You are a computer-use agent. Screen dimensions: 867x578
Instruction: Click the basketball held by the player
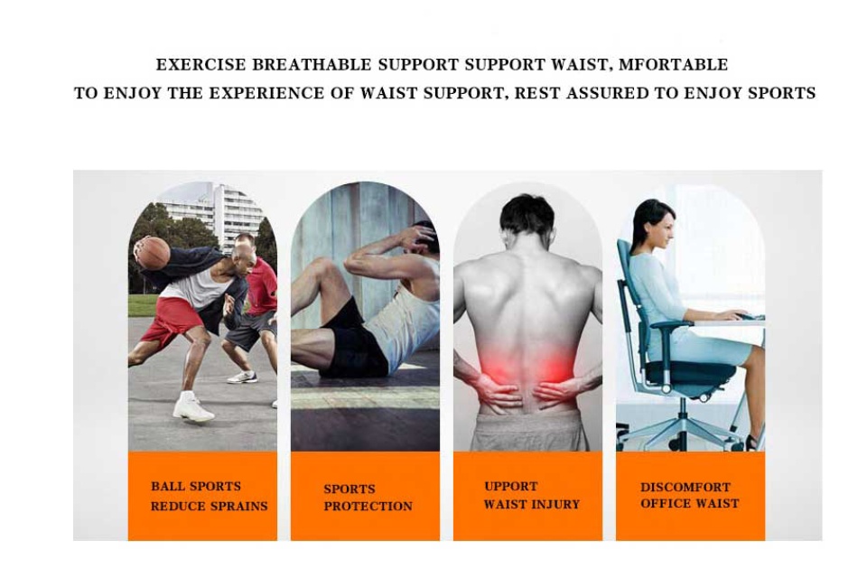point(153,254)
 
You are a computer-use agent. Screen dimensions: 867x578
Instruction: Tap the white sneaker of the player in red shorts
point(193,407)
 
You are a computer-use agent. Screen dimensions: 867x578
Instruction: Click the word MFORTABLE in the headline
point(673,65)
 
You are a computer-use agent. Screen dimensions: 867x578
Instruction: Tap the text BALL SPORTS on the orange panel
point(196,486)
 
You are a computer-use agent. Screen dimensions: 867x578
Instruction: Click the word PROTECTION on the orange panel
point(368,506)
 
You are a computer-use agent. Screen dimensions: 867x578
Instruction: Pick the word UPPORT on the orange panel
point(511,486)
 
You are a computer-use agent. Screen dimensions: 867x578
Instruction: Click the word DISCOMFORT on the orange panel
point(685,488)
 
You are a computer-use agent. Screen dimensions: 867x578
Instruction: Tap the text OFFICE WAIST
point(689,503)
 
